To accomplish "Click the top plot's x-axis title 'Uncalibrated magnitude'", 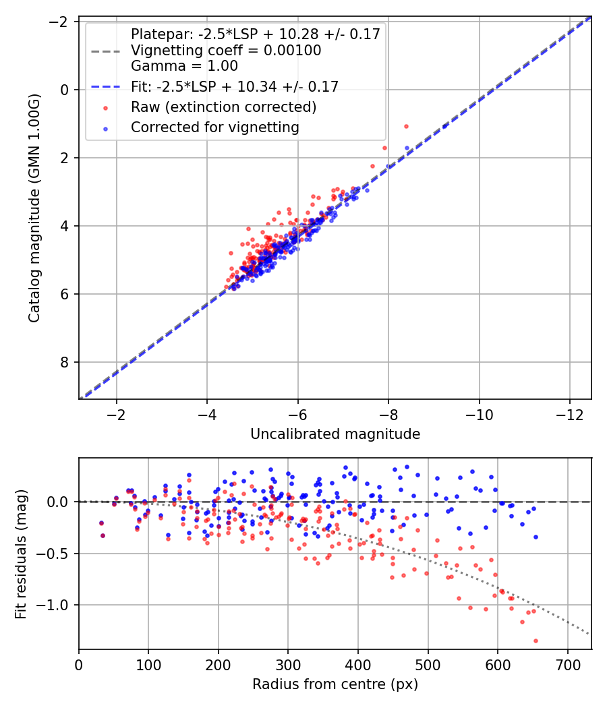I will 335,434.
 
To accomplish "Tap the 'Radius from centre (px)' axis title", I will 335,685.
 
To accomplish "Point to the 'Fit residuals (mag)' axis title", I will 21,553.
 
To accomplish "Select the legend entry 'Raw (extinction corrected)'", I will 223,107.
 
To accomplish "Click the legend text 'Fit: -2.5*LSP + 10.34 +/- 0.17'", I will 235,86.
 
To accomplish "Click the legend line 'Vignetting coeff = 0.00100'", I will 226,51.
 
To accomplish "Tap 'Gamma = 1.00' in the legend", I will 184,66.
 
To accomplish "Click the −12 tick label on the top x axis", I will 569,413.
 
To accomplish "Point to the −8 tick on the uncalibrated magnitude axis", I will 388,413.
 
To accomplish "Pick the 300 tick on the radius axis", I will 288,663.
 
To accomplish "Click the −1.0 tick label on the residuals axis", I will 56,605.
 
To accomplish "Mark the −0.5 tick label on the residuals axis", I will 56,554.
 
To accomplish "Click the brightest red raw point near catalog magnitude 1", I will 406,126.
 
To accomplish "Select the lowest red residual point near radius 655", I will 536,641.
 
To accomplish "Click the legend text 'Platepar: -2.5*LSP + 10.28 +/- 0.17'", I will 256,34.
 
